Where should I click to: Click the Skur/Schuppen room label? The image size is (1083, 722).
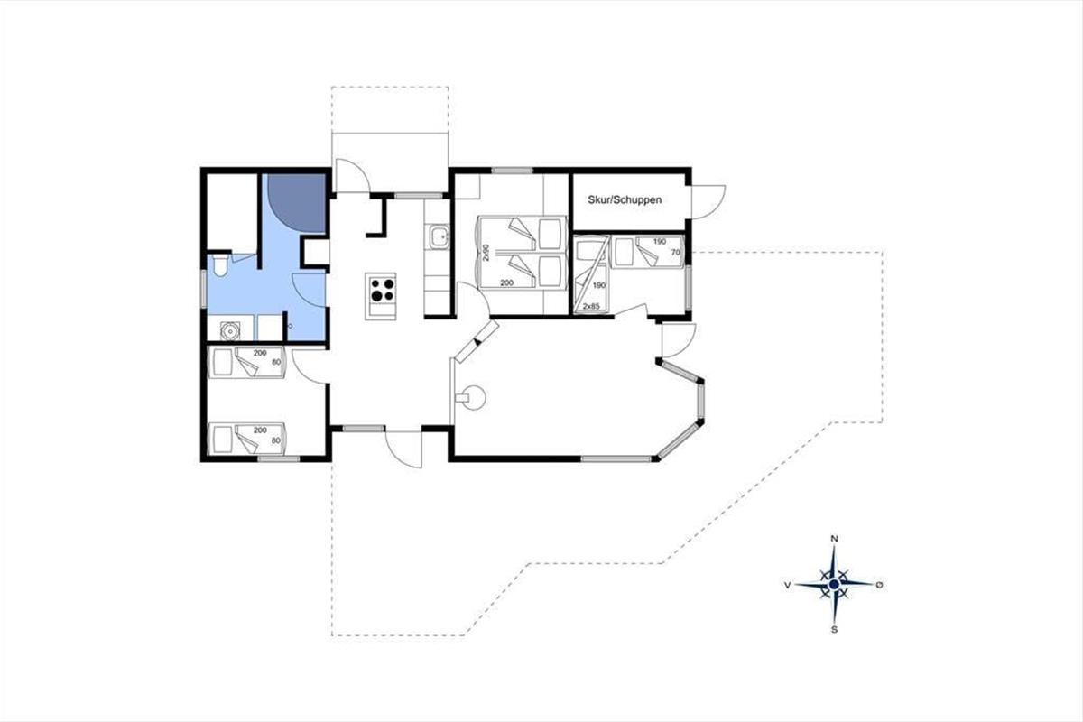625,199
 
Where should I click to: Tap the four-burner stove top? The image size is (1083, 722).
382,289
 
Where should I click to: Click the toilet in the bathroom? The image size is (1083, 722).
221,265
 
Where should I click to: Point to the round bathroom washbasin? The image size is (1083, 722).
230,331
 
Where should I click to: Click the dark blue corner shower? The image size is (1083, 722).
297,203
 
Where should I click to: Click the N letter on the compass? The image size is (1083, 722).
834,539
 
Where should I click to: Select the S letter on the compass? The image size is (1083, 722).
834,630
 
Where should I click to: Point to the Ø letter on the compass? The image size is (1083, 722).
879,585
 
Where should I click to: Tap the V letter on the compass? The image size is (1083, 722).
788,585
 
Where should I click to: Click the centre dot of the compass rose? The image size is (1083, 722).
834,585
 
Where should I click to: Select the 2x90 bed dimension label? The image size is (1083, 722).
486,252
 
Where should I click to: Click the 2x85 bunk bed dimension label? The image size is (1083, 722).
591,306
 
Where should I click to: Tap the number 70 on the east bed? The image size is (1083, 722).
675,252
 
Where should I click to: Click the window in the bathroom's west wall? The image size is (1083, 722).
204,288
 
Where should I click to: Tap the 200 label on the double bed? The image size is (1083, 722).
506,282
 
